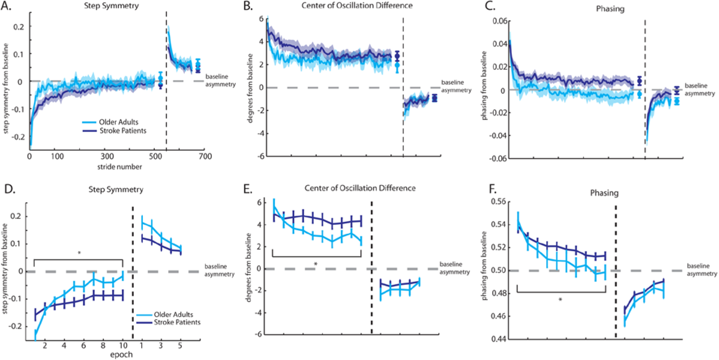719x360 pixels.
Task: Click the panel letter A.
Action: pyautogui.click(x=6, y=6)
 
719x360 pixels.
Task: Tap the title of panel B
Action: pyautogui.click(x=357, y=6)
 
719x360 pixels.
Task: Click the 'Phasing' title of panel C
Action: pyautogui.click(x=610, y=9)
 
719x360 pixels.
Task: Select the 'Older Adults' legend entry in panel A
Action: pyautogui.click(x=118, y=122)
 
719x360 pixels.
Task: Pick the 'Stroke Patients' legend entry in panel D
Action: pyautogui.click(x=177, y=322)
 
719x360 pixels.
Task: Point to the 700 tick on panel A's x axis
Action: pyautogui.click(x=205, y=156)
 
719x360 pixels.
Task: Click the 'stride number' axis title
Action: pyautogui.click(x=120, y=167)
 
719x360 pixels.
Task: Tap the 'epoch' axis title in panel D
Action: pyautogui.click(x=121, y=354)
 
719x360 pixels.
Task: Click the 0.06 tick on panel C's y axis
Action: pyautogui.click(x=500, y=21)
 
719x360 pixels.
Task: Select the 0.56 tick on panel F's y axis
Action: pyautogui.click(x=499, y=202)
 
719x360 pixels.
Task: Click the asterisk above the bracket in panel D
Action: pyautogui.click(x=79, y=254)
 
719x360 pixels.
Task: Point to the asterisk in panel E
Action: pyautogui.click(x=316, y=264)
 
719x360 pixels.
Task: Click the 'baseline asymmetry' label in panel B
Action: pyautogui.click(x=456, y=86)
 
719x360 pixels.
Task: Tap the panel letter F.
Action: pyautogui.click(x=493, y=190)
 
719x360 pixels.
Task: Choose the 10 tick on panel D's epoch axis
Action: pyautogui.click(x=123, y=345)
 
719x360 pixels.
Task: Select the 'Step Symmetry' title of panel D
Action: pyautogui.click(x=116, y=190)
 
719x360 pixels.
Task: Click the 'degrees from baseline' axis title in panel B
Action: pyautogui.click(x=250, y=88)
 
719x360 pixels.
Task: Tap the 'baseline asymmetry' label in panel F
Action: pyautogui.click(x=702, y=270)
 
